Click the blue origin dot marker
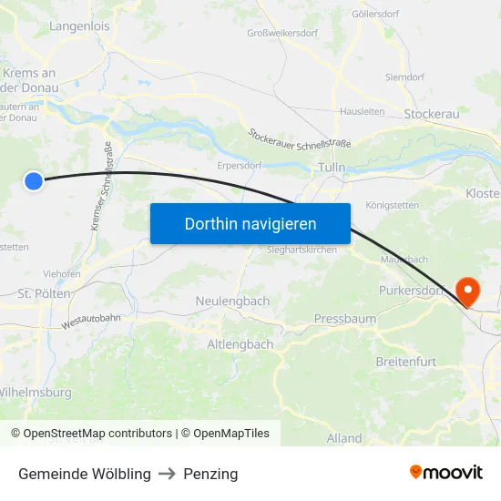(x=34, y=181)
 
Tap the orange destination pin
(x=467, y=291)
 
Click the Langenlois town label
(x=79, y=26)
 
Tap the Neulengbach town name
(x=232, y=301)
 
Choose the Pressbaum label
(x=344, y=319)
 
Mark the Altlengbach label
(x=240, y=344)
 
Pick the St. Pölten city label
(x=44, y=295)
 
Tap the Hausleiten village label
(x=362, y=111)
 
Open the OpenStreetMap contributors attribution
(x=91, y=434)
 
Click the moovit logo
(x=446, y=473)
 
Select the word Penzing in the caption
(x=210, y=474)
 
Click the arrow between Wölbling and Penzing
(x=167, y=474)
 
